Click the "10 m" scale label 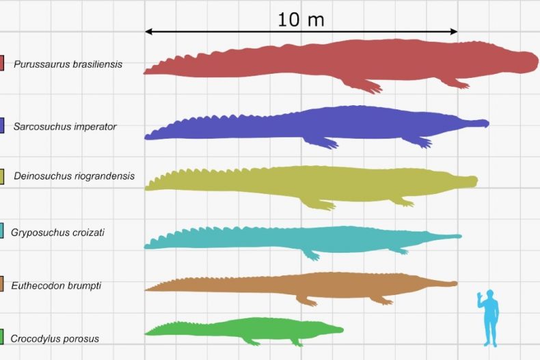pyautogui.click(x=301, y=20)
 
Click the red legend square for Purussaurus pyautogui.click(x=2, y=64)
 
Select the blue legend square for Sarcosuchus pyautogui.click(x=2, y=126)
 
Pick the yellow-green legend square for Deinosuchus pyautogui.click(x=3, y=176)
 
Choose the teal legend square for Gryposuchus pyautogui.click(x=2, y=232)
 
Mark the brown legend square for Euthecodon pyautogui.click(x=2, y=285)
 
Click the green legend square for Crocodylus pyautogui.click(x=2, y=337)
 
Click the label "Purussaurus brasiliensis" pyautogui.click(x=68, y=64)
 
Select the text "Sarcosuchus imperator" pyautogui.click(x=65, y=126)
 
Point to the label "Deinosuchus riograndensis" pyautogui.click(x=74, y=176)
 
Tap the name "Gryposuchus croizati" pyautogui.click(x=57, y=232)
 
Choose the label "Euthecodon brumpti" pyautogui.click(x=56, y=286)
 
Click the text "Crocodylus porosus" pyautogui.click(x=55, y=338)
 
